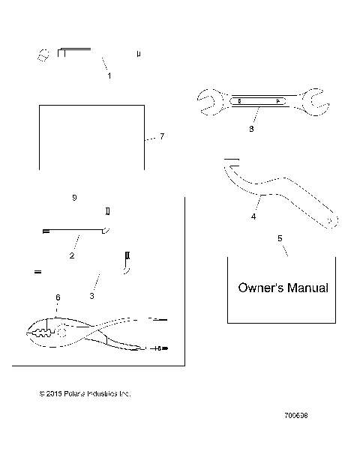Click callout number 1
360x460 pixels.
(x=109, y=76)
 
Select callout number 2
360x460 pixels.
(x=72, y=256)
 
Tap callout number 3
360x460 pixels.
(x=92, y=297)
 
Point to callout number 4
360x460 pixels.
(x=253, y=217)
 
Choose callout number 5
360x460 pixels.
(x=280, y=238)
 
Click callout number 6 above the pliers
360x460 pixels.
(x=57, y=297)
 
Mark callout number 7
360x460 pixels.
(x=162, y=137)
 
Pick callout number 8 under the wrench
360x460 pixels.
(x=251, y=128)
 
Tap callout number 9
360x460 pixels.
(x=73, y=198)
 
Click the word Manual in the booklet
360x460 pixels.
(x=307, y=287)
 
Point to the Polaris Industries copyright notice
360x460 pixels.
(x=85, y=393)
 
